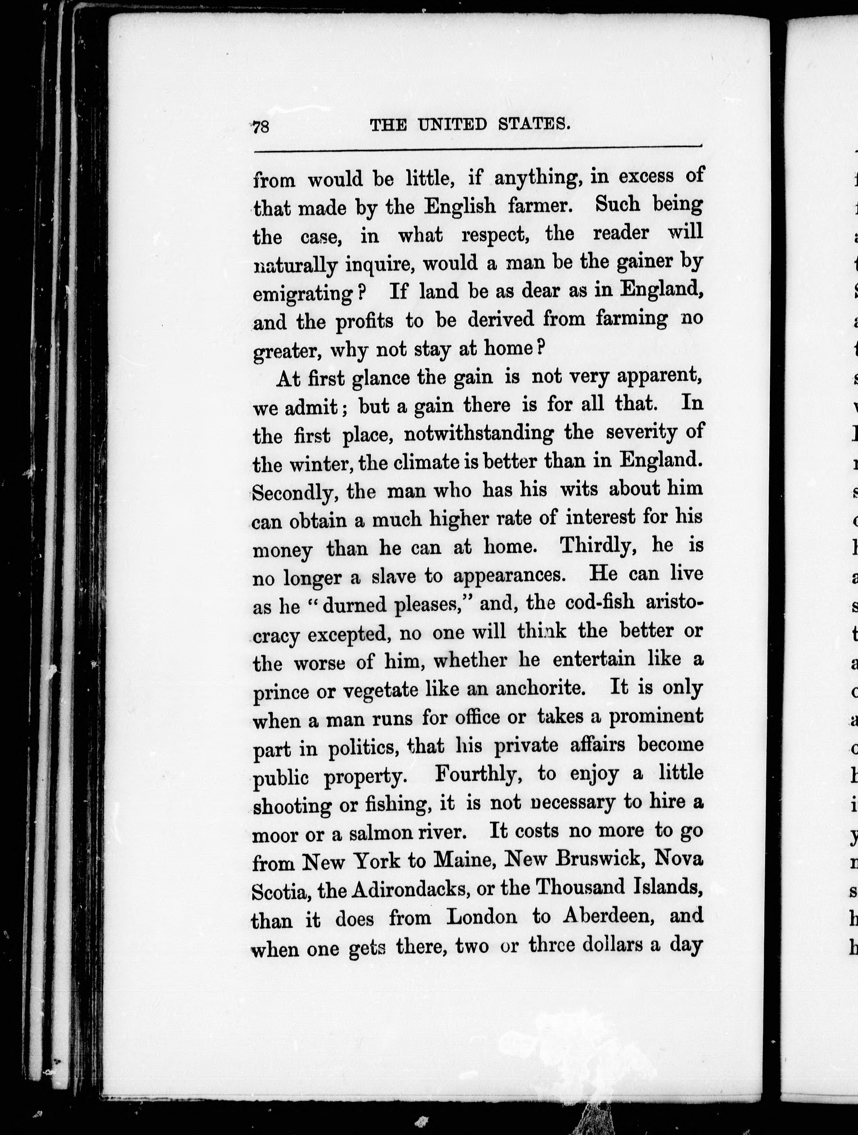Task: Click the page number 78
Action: point(261,126)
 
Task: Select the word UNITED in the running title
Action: point(452,124)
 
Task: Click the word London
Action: point(482,917)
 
